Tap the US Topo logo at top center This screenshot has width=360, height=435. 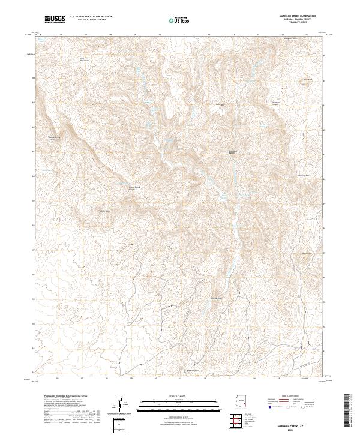tap(180, 20)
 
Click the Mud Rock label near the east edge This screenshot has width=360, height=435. tap(306, 253)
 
